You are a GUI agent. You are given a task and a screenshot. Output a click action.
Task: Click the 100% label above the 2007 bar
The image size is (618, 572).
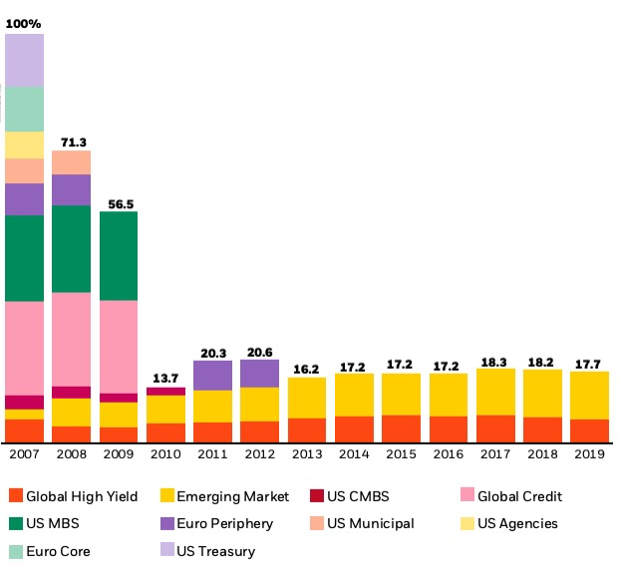24,22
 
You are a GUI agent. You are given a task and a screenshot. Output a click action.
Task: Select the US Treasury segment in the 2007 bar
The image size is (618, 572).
24,60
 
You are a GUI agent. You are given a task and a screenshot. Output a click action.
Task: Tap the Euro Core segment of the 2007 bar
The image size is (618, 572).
24,109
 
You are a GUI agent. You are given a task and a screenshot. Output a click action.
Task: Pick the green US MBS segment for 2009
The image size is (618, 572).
119,255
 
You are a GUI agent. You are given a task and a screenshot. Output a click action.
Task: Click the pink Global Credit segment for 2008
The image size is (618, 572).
72,339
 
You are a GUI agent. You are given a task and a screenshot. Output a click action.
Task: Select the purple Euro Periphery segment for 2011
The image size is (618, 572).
213,375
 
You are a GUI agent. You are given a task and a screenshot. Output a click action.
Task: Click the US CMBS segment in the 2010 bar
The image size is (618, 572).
165,391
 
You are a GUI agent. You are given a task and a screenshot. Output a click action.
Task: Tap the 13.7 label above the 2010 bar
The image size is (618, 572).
165,378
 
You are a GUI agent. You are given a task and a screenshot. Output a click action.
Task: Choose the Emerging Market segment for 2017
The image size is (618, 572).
495,392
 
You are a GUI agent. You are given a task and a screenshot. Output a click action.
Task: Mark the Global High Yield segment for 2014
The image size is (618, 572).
354,429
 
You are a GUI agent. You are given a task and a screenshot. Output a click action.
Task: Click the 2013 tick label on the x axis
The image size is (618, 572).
307,454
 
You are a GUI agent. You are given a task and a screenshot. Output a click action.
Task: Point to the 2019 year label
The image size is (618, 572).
589,454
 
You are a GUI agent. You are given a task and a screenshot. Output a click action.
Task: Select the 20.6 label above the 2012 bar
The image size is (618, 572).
260,350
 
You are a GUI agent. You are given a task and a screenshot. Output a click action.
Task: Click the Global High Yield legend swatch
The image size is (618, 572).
14,496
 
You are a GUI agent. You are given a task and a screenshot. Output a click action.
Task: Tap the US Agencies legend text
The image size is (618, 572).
517,523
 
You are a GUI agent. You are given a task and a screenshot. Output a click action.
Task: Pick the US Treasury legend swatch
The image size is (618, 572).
168,551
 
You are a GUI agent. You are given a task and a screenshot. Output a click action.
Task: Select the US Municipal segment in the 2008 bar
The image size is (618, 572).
72,162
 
